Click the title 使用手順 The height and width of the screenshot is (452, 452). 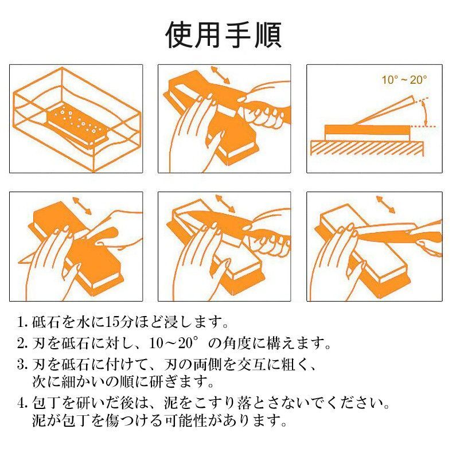pos(224,35)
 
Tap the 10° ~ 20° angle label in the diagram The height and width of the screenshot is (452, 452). pos(404,80)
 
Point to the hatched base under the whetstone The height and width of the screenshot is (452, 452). pos(367,148)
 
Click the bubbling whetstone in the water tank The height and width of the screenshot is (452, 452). pos(77,124)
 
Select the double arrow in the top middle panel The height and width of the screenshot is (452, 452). pos(220,75)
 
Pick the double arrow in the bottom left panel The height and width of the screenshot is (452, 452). pos(81,205)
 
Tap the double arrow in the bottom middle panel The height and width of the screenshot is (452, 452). pos(225,203)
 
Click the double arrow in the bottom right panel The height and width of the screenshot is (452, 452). pos(385,204)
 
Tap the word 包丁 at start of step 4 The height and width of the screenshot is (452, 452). pos(46,403)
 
